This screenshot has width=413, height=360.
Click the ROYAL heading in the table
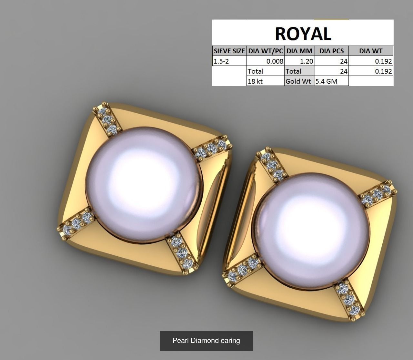click(x=303, y=33)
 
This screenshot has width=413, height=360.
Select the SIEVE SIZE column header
click(x=229, y=51)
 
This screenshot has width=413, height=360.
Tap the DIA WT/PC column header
click(x=266, y=51)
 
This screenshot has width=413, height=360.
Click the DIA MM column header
click(x=299, y=51)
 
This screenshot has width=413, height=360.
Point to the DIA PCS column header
click(x=331, y=51)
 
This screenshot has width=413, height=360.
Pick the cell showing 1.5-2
click(x=229, y=61)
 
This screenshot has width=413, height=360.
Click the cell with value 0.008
click(x=266, y=61)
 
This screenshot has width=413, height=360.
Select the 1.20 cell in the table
click(x=299, y=61)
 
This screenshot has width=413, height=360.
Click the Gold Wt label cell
click(x=298, y=81)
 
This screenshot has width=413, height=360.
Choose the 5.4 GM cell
click(x=331, y=81)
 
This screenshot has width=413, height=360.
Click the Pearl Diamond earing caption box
click(x=206, y=341)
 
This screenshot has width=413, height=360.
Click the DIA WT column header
click(x=371, y=51)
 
